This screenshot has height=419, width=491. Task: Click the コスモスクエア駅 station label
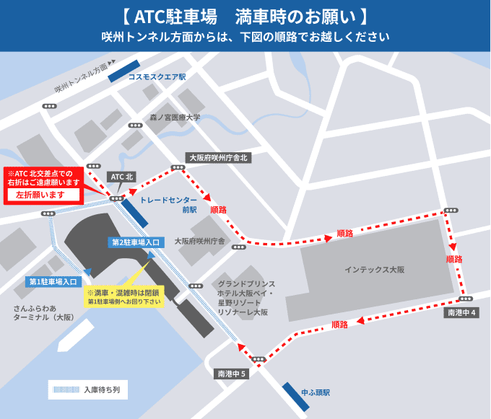(157, 76)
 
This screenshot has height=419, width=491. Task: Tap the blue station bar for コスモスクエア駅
(121, 71)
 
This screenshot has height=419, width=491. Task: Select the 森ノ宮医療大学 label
(175, 117)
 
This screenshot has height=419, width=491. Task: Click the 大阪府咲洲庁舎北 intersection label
(218, 157)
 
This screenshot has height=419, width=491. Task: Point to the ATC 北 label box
(121, 177)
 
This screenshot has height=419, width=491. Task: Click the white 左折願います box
(42, 195)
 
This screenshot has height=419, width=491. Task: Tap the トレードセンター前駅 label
(168, 205)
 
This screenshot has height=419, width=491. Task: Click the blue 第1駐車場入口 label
(53, 282)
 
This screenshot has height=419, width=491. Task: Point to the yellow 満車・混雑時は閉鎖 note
(124, 296)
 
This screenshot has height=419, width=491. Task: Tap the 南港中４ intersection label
(461, 313)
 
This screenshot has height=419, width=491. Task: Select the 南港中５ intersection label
(233, 374)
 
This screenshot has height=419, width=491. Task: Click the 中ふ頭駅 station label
(316, 392)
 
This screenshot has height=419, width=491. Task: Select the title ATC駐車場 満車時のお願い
(245, 16)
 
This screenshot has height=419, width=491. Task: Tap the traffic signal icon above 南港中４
(465, 299)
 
